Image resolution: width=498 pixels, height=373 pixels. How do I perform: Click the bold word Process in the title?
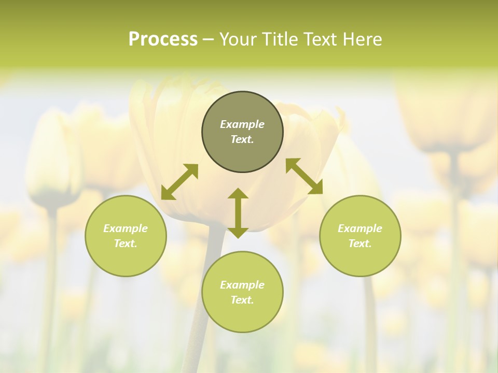click(x=163, y=39)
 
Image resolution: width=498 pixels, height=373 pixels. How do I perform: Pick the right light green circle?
click(x=360, y=256)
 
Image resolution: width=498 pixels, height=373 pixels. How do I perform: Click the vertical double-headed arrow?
click(x=238, y=213)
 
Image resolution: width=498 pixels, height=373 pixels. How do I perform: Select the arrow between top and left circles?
click(x=179, y=182)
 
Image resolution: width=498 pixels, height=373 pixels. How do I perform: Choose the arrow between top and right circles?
click(x=304, y=176)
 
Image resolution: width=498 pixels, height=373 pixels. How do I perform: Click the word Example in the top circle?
click(x=242, y=124)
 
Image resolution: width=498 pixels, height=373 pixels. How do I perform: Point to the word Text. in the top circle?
click(x=242, y=139)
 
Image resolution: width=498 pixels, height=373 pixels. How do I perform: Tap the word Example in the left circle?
click(x=126, y=228)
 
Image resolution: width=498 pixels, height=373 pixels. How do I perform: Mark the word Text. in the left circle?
click(x=126, y=243)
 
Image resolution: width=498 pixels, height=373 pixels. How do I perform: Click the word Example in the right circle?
click(x=360, y=228)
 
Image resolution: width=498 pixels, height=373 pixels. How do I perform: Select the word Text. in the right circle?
click(x=360, y=243)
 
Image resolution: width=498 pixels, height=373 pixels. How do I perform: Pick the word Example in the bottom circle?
click(x=242, y=285)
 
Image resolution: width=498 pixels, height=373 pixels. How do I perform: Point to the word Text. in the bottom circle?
click(x=242, y=300)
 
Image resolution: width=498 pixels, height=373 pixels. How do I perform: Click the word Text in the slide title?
click(x=321, y=39)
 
